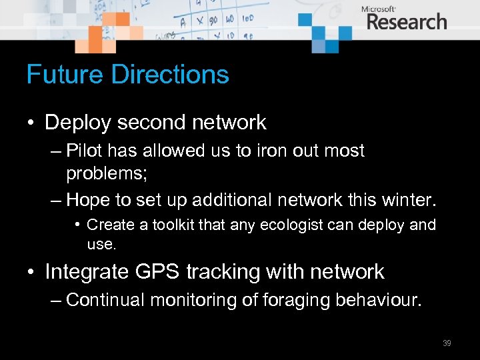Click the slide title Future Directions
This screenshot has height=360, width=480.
tap(127, 75)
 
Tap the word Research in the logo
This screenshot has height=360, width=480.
tap(406, 22)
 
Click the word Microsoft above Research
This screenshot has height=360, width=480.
tap(379, 9)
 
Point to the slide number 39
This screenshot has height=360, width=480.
tap(447, 343)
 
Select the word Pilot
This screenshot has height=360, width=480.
tap(83, 151)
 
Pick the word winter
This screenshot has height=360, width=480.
tap(407, 199)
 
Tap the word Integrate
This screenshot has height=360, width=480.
tap(87, 272)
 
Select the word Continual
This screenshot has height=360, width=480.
tap(106, 300)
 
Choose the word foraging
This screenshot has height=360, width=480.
tap(293, 301)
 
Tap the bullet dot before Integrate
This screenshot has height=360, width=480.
tap(31, 272)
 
